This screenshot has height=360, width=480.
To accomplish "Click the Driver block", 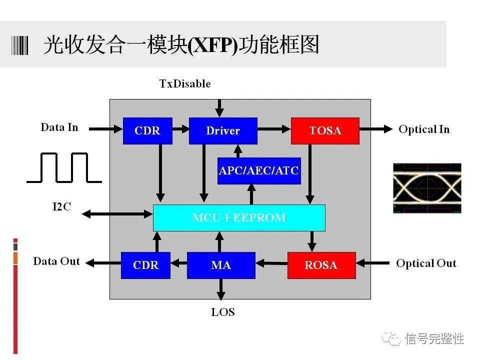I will [223, 131].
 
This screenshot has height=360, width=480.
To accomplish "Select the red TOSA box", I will [325, 131].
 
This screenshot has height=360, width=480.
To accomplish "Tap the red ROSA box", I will [321, 265].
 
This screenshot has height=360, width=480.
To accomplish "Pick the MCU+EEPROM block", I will [239, 218].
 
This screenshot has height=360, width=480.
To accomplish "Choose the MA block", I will [221, 265].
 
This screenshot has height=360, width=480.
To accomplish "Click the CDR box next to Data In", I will [147, 131].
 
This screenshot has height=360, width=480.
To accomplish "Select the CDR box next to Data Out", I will [145, 265].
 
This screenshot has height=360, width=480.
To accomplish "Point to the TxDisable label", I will [185, 83].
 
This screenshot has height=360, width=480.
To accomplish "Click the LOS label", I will [223, 312].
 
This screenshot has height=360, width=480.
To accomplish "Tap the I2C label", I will [61, 206].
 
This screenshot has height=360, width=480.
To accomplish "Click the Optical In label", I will [424, 129].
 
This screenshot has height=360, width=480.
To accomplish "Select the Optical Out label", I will [426, 263].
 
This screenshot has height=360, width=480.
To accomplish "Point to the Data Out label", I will [56, 261].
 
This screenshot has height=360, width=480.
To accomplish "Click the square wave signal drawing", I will [64, 167].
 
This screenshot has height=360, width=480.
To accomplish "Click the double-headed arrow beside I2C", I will [117, 214].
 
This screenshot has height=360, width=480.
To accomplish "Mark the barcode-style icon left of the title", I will [20, 45].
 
